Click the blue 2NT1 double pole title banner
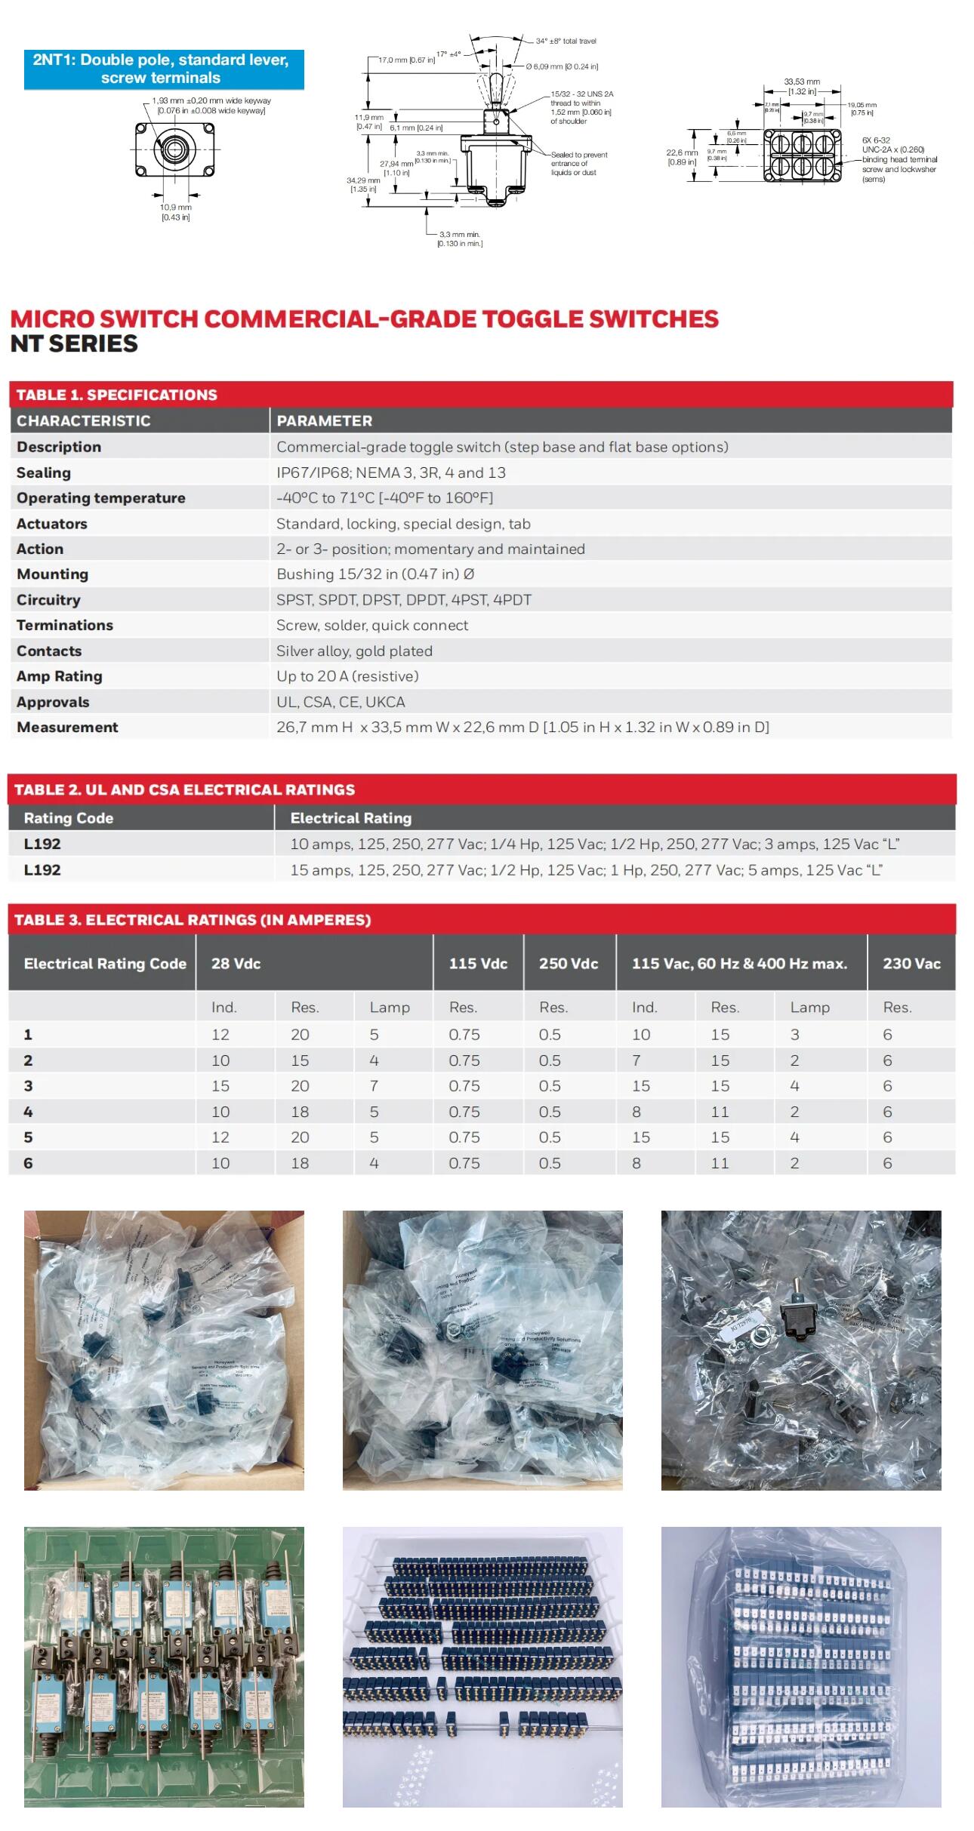pos(163,69)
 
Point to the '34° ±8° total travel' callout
pos(566,42)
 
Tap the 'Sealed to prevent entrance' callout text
pos(578,164)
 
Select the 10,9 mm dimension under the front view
pos(175,212)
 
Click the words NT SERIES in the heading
pos(74,344)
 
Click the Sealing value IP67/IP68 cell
pos(390,472)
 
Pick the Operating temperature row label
pos(100,498)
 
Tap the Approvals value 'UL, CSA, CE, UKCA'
pos(341,702)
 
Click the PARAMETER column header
pos(324,421)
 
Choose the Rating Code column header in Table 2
pos(68,818)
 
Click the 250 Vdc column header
pos(568,964)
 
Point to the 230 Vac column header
pos(911,964)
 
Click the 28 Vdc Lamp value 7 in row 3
pos(374,1086)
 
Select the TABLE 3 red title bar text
pos(193,920)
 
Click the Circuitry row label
pos(48,600)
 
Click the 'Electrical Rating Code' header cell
pos(104,964)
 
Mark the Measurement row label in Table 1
pos(67,728)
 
